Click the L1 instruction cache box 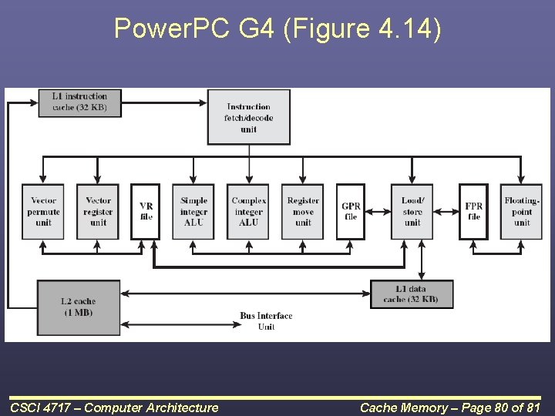pyautogui.click(x=79, y=102)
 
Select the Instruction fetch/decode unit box pyautogui.click(x=248, y=117)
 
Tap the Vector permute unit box pyautogui.click(x=43, y=212)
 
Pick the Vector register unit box pyautogui.click(x=98, y=212)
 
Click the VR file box pyautogui.click(x=146, y=212)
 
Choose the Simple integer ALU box pyautogui.click(x=193, y=212)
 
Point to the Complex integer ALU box pyautogui.click(x=248, y=212)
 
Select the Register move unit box pyautogui.click(x=303, y=212)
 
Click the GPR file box pyautogui.click(x=351, y=212)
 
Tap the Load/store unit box pyautogui.click(x=412, y=212)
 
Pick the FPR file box pyautogui.click(x=473, y=212)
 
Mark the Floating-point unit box pyautogui.click(x=522, y=212)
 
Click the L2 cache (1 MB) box pyautogui.click(x=79, y=307)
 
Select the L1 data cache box pyautogui.click(x=412, y=294)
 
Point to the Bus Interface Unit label pyautogui.click(x=266, y=321)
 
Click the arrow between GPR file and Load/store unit pyautogui.click(x=378, y=206)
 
